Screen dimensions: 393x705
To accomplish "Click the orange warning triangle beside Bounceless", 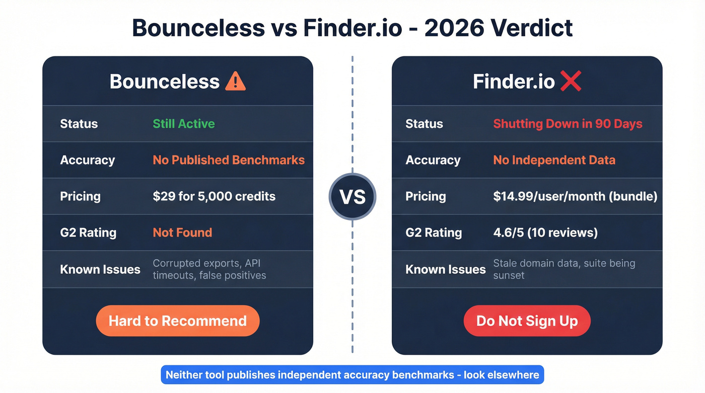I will [235, 81].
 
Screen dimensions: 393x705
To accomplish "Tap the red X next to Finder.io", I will [570, 81].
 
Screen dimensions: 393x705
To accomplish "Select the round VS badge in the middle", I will [352, 196].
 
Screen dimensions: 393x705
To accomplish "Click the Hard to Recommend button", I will [178, 321].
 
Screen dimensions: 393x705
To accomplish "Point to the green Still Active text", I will [184, 124].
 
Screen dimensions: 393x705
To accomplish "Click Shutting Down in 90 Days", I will [568, 124].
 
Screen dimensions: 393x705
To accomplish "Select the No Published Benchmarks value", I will [229, 160].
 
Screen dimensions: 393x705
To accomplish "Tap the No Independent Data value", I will [554, 160].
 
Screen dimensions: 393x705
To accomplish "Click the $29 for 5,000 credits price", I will [214, 196].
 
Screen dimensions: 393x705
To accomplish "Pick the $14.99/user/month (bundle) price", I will [575, 196].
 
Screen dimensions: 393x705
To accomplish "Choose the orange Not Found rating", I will [182, 232].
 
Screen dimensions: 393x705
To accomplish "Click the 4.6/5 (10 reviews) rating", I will [545, 232].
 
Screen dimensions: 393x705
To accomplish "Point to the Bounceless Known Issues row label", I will [100, 269].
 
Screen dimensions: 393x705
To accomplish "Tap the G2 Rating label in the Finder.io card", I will [434, 232].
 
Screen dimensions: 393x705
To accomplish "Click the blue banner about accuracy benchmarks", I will [352, 375].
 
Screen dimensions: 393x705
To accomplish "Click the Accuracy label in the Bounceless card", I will [88, 160].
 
